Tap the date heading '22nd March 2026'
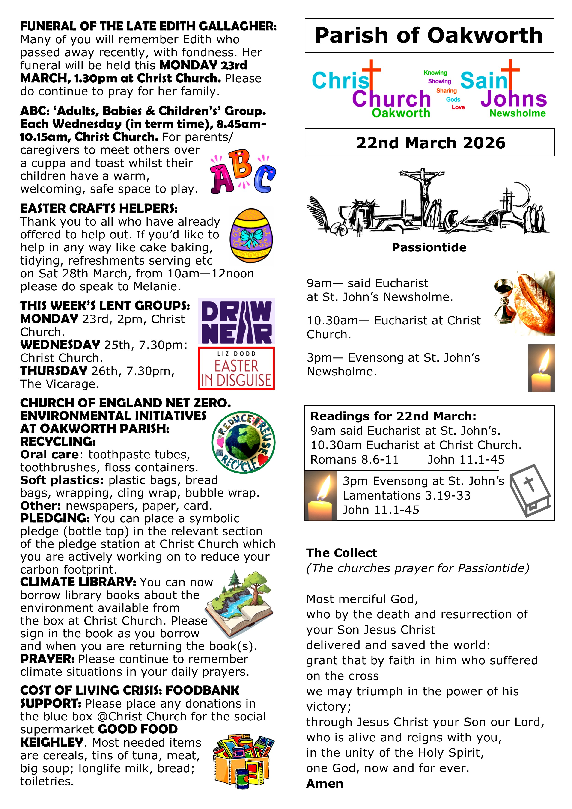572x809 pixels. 430,143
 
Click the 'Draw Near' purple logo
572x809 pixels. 236,321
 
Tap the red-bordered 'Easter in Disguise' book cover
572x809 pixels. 236,368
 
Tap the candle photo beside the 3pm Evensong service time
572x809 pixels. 541,368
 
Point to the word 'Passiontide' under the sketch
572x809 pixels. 429,247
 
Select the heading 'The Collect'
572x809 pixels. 342,553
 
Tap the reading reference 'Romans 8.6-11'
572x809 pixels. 354,459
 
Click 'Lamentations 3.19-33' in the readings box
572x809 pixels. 406,495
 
